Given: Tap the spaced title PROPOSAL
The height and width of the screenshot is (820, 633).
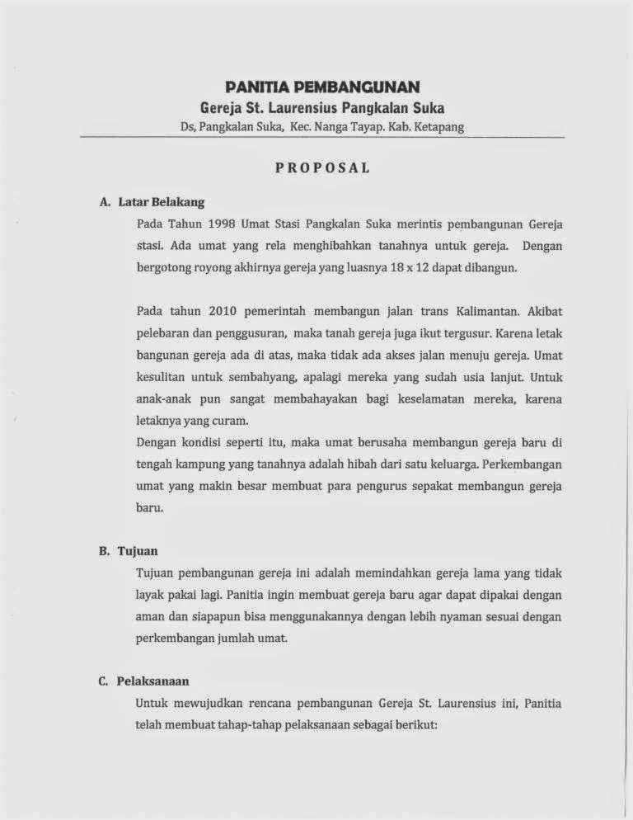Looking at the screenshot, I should pos(322,167).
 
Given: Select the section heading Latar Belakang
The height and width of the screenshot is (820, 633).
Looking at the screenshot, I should pos(162,201).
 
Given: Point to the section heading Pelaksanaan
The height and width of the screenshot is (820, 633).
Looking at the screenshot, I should pos(153,681).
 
